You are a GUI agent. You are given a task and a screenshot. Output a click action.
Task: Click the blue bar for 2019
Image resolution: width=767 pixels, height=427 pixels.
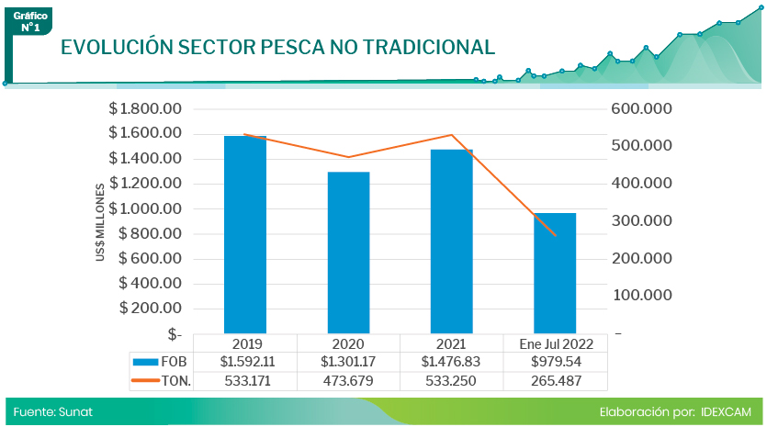click(245, 234)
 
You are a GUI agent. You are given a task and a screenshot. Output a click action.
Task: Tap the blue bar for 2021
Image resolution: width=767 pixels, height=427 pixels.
click(451, 241)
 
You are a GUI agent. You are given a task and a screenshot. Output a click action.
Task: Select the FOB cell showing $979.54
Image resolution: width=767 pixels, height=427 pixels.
click(556, 362)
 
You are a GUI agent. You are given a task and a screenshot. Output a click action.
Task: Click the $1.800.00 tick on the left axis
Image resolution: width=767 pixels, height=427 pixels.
click(146, 108)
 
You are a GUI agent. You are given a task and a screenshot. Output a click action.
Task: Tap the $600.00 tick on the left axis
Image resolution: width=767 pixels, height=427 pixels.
click(151, 258)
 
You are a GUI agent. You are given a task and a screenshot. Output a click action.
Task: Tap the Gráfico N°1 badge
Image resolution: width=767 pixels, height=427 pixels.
click(30, 22)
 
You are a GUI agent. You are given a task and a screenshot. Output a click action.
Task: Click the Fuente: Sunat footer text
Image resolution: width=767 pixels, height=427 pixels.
click(52, 412)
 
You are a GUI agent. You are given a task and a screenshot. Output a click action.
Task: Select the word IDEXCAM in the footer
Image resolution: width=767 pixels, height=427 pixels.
click(725, 412)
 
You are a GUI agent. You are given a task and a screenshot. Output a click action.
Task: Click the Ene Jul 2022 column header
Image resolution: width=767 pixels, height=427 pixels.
click(556, 343)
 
